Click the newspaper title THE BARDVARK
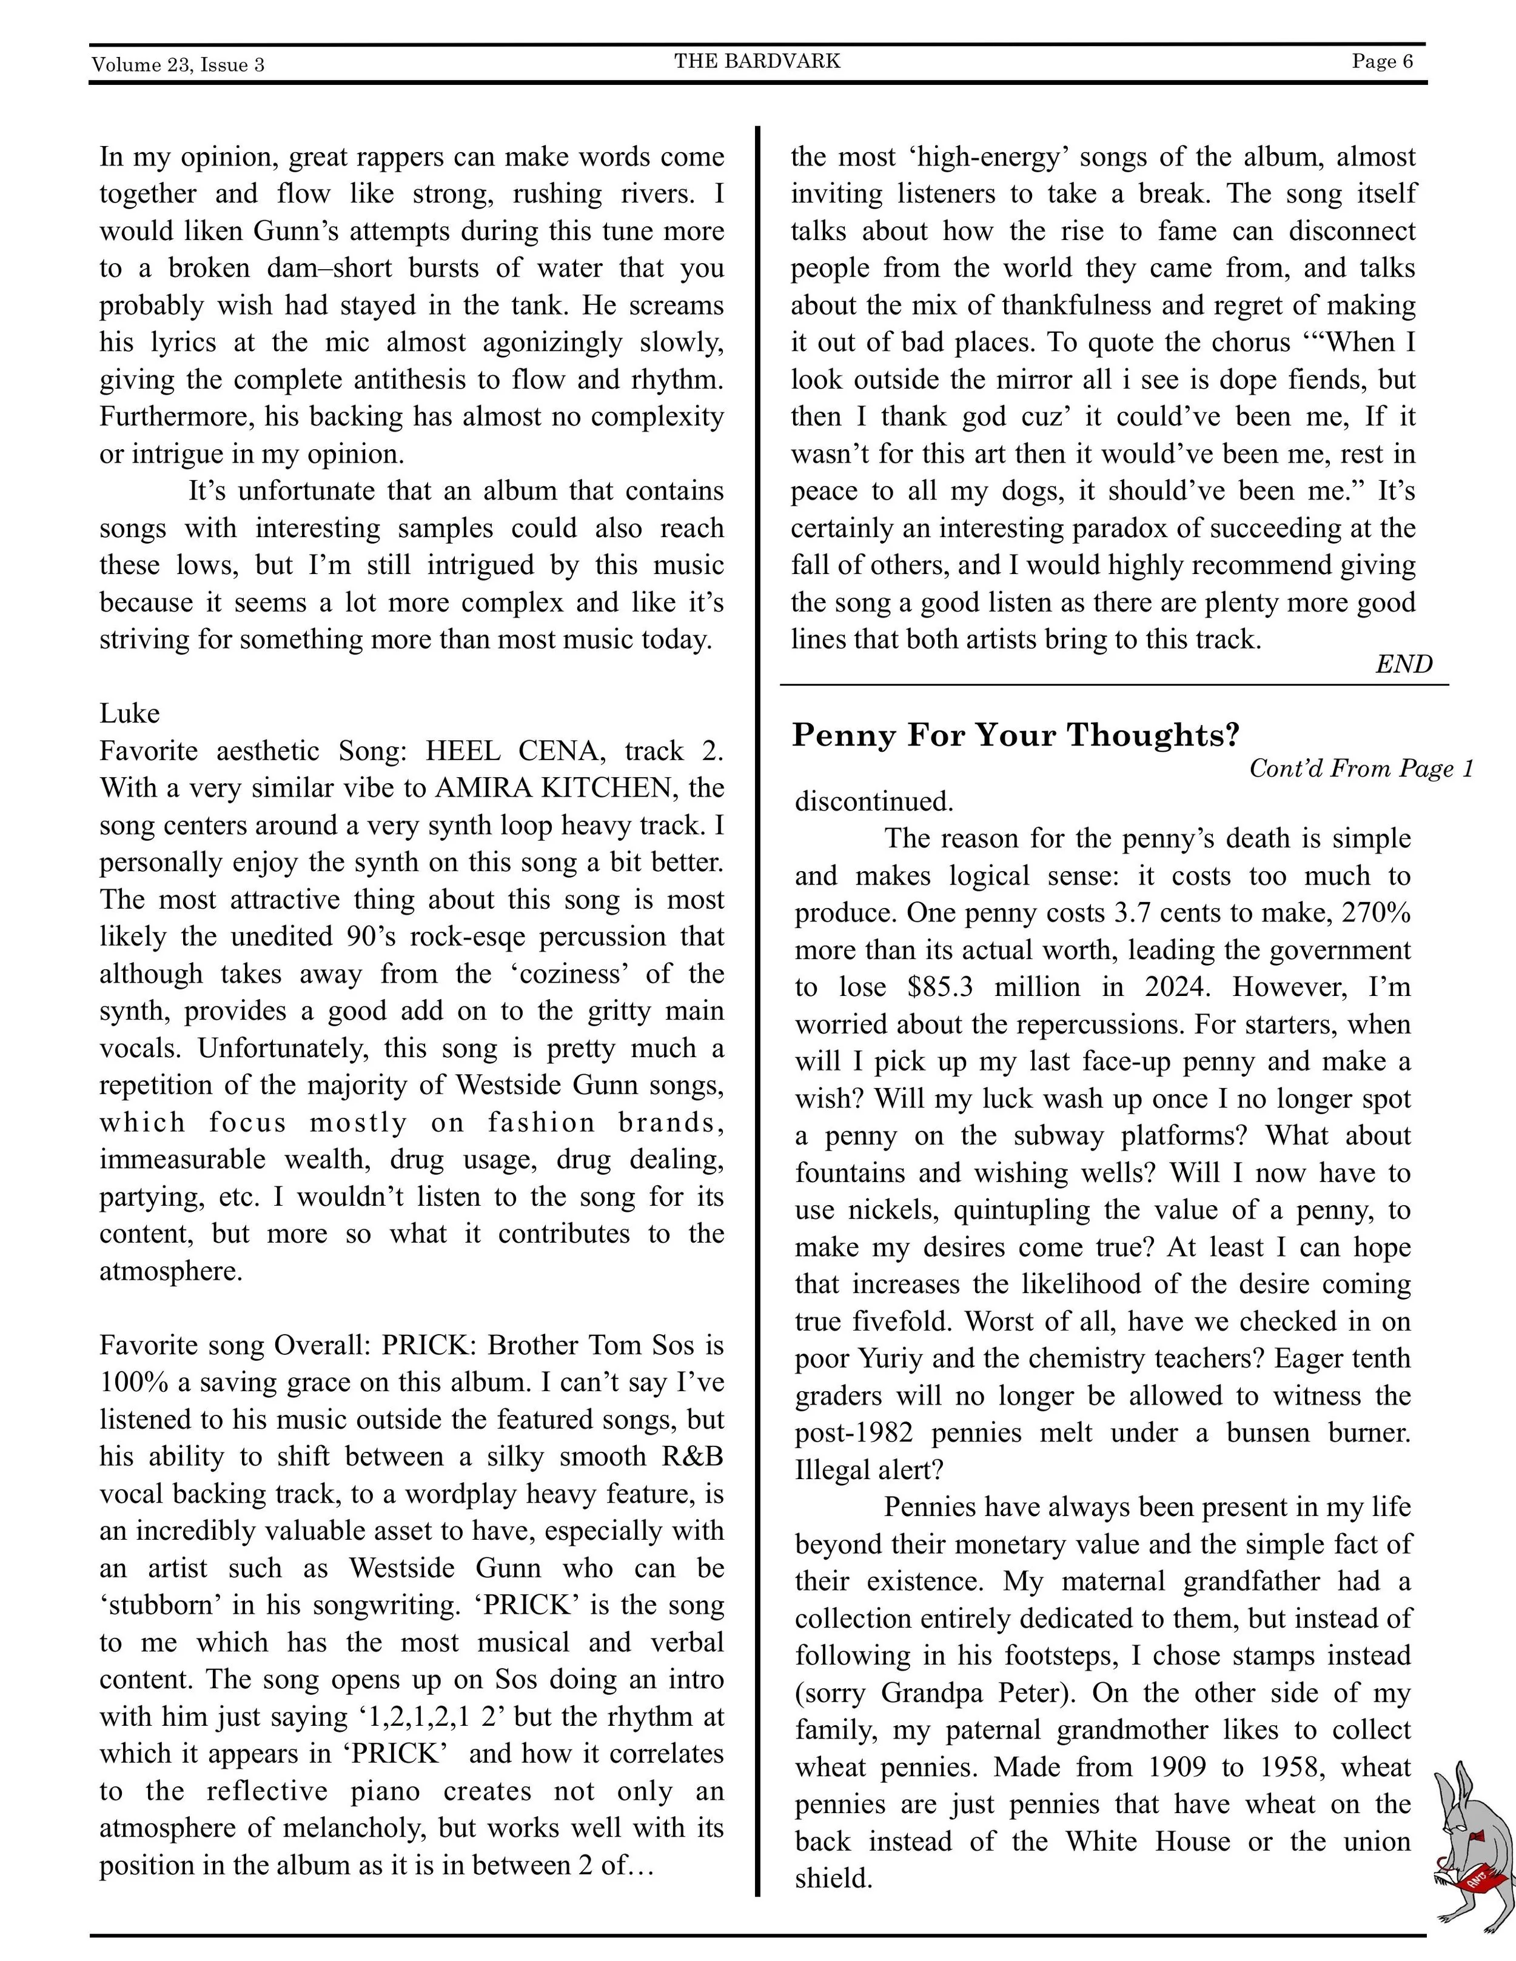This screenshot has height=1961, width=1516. coord(757,61)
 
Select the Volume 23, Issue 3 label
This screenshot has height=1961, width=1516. coord(178,65)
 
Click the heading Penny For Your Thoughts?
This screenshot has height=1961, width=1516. coord(1015,735)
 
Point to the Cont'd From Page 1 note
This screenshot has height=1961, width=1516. coord(1361,769)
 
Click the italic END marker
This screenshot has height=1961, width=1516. coord(1404,664)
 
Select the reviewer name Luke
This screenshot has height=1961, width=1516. coord(129,714)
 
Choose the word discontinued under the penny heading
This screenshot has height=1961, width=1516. coord(874,801)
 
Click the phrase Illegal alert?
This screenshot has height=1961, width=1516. coord(868,1470)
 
